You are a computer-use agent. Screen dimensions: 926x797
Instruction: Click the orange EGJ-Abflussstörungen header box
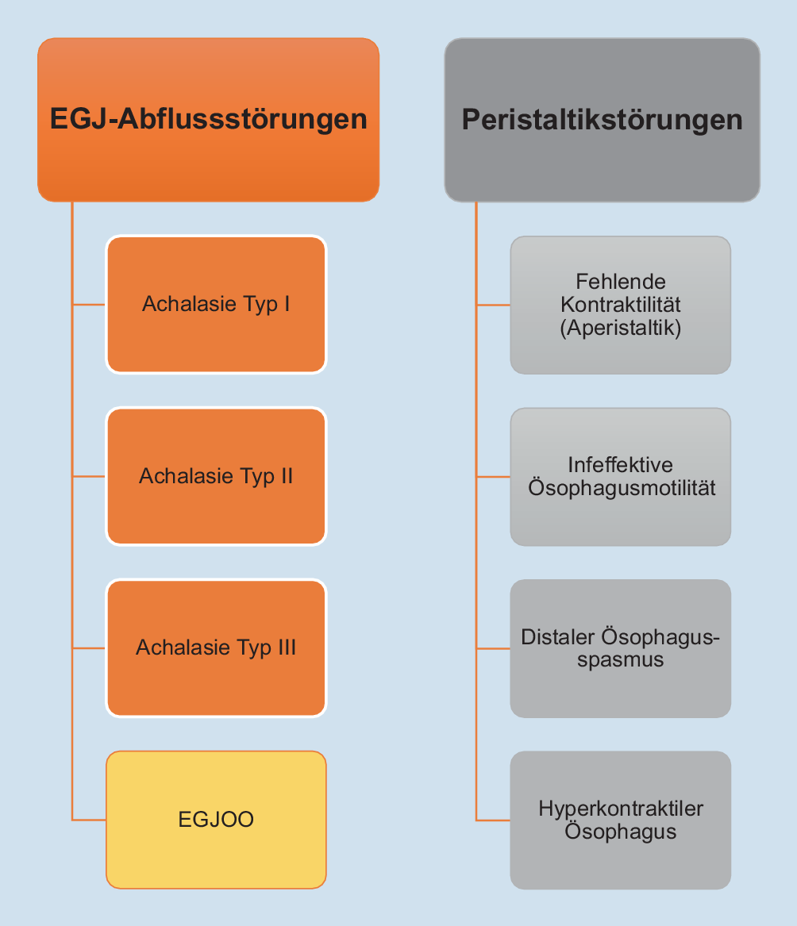(x=208, y=119)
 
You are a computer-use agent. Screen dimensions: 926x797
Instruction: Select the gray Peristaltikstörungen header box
(x=602, y=119)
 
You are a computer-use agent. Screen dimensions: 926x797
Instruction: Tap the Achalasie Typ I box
(x=216, y=304)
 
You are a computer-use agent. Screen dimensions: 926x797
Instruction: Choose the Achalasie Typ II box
(x=216, y=476)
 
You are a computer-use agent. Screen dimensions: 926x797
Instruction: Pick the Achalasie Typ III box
(x=216, y=648)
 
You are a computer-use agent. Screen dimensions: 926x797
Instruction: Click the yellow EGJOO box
(x=216, y=820)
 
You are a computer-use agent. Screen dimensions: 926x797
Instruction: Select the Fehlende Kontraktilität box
(x=620, y=305)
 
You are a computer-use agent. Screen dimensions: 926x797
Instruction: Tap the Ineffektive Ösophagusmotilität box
(x=620, y=476)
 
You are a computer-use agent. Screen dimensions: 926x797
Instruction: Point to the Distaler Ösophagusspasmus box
(x=620, y=648)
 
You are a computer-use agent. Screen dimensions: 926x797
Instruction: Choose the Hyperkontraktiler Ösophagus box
(x=620, y=820)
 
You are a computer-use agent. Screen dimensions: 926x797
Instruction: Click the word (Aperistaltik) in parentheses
(x=621, y=328)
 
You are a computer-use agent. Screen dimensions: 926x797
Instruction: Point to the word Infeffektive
(x=620, y=464)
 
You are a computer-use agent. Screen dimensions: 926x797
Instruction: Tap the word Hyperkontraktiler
(x=621, y=809)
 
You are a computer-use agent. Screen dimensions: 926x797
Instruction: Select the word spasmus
(x=621, y=659)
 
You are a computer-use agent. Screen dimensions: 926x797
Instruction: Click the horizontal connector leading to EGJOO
(x=89, y=820)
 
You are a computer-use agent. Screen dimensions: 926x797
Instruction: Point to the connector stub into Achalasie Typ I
(x=89, y=304)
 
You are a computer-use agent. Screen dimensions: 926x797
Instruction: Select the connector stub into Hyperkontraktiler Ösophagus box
(x=493, y=820)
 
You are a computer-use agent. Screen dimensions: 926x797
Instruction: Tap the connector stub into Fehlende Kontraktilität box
(x=493, y=305)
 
